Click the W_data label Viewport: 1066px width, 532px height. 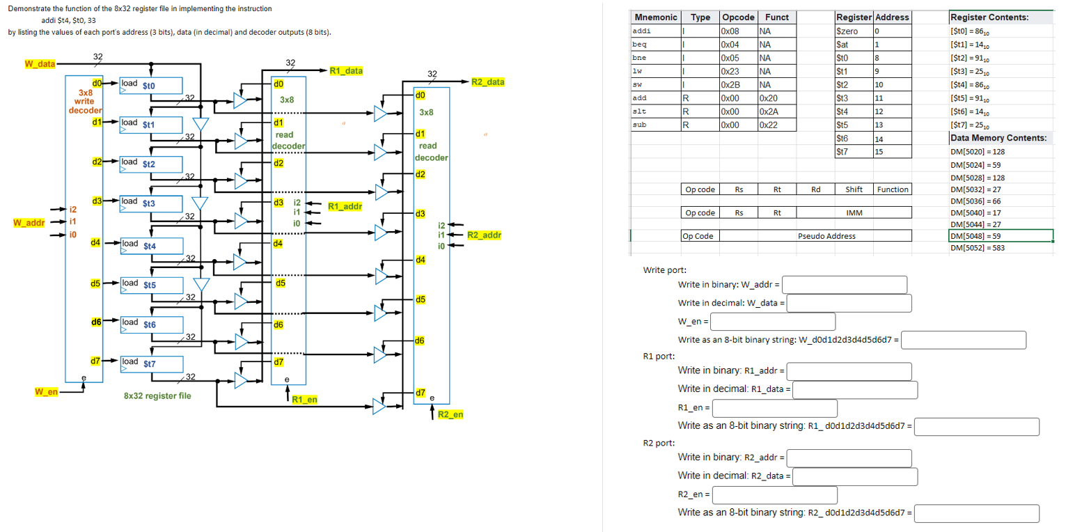[x=40, y=64]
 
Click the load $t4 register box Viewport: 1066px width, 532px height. [x=150, y=245]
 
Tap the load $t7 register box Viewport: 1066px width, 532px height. [x=150, y=363]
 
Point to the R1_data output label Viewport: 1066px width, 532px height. [x=345, y=71]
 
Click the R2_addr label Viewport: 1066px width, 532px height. [x=484, y=235]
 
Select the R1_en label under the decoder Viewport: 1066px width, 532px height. [x=304, y=400]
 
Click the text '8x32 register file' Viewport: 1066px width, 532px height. [x=157, y=396]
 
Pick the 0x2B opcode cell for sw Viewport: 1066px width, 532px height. [x=739, y=85]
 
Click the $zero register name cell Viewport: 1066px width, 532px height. [x=853, y=31]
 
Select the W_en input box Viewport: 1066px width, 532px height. [x=772, y=321]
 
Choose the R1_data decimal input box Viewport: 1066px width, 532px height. [x=855, y=389]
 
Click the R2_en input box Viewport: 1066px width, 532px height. [x=774, y=494]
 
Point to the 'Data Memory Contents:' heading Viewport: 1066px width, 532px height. [x=998, y=138]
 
